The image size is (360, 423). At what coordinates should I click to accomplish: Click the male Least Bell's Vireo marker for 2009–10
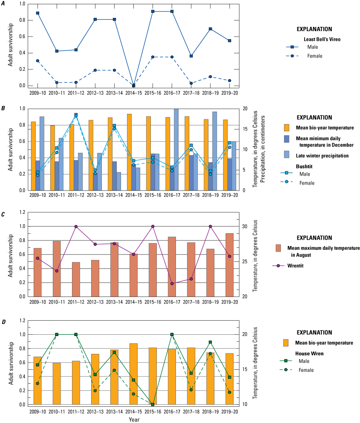point(37,13)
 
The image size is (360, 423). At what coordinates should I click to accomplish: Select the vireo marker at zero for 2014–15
point(133,85)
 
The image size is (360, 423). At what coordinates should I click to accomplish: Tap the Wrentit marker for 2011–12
point(76,226)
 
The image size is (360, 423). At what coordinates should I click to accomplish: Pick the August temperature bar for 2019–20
point(229,264)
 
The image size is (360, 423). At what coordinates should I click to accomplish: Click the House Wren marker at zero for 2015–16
point(153,404)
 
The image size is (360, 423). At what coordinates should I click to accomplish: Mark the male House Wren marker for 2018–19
point(210,342)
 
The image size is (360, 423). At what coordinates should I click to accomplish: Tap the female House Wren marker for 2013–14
point(114,370)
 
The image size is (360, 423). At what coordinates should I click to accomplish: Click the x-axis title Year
point(133,419)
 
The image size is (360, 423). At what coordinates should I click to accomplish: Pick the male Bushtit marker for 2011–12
point(76,115)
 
